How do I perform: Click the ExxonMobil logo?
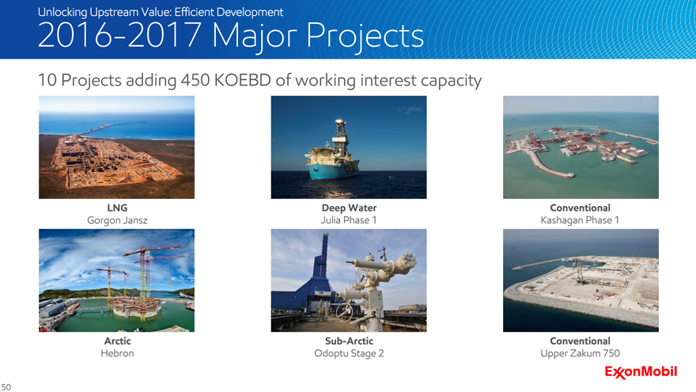641,372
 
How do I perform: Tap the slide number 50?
6,387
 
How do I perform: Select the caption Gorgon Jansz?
117,220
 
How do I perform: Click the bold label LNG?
117,207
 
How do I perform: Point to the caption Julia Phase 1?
349,220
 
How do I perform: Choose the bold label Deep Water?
349,207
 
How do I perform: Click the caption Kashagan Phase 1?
580,220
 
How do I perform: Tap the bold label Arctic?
117,341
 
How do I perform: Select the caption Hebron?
117,353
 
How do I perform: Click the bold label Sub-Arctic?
349,341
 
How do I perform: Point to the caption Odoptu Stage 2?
349,354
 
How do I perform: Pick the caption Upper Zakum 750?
581,353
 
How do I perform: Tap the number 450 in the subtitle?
195,81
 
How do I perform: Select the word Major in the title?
255,36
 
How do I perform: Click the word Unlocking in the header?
62,12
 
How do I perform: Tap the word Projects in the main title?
365,36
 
